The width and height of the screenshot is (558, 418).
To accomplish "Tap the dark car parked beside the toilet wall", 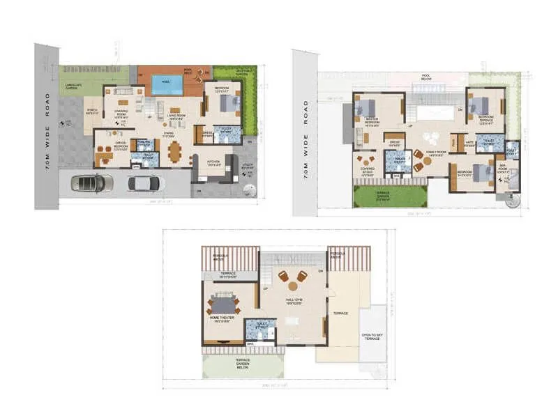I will tap(143, 183).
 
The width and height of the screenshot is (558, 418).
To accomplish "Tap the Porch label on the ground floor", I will tap(91, 111).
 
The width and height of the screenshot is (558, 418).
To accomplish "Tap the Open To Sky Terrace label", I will tap(372, 336).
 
